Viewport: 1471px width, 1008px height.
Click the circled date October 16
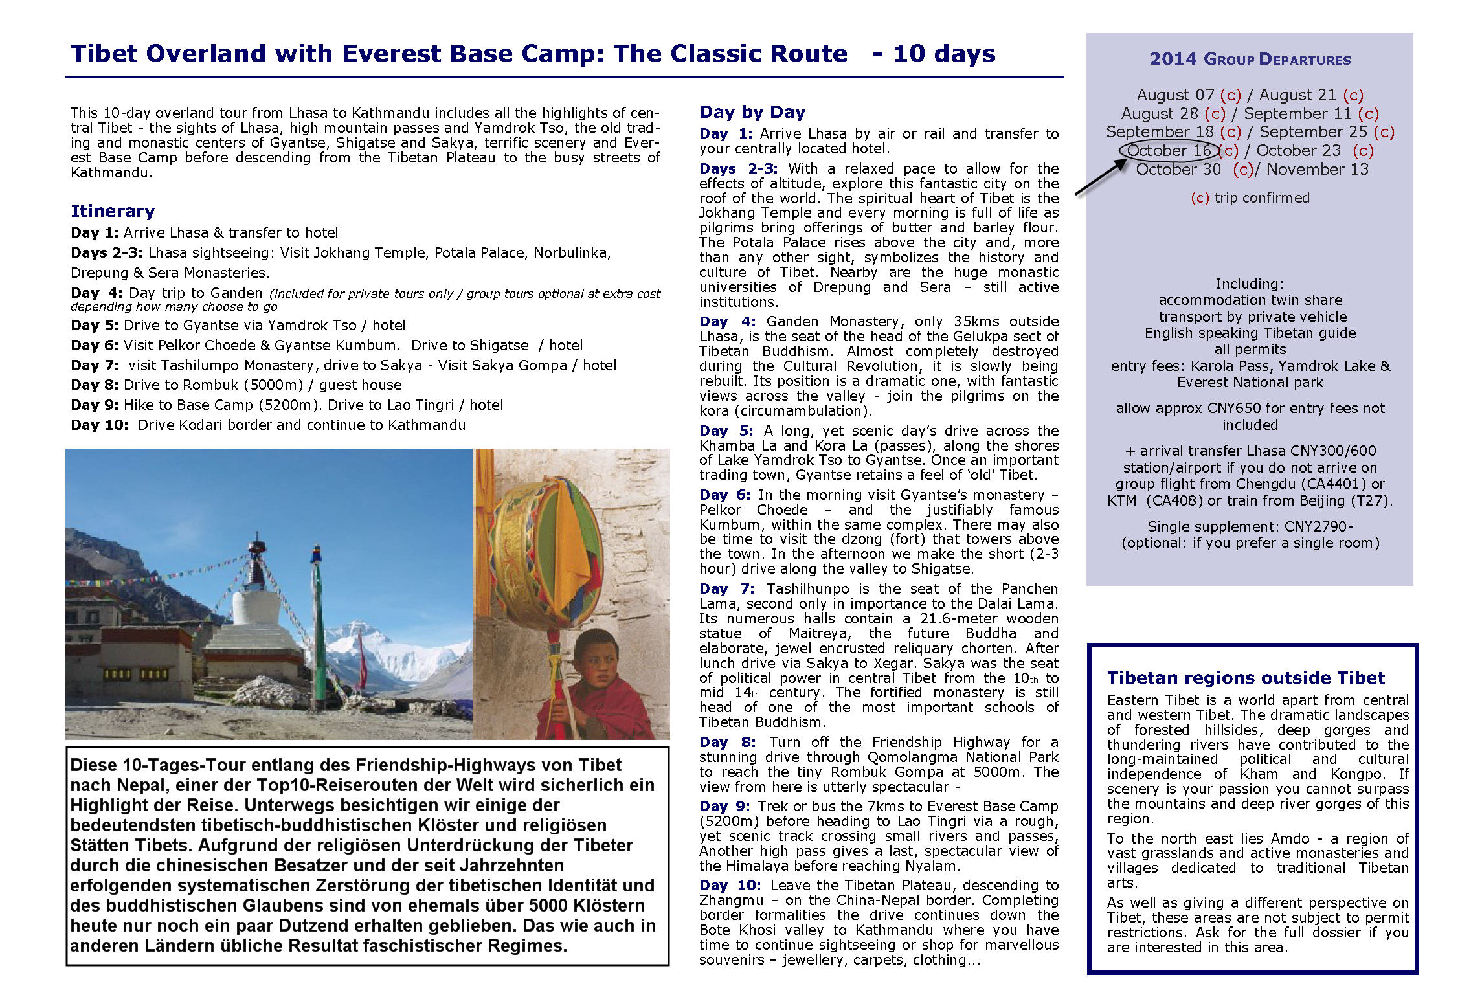pos(1169,151)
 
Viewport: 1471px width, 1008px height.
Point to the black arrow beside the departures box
pos(1101,177)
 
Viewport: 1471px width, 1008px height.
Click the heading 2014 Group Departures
pos(1250,60)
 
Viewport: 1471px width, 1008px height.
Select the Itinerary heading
pos(113,211)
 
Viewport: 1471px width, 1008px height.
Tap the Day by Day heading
pos(752,112)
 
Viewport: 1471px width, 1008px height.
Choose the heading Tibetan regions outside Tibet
pos(1245,678)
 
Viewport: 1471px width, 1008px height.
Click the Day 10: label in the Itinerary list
pos(100,425)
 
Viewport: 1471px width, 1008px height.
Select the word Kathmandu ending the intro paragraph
pos(110,173)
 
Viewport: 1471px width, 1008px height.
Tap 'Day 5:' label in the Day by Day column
pos(726,431)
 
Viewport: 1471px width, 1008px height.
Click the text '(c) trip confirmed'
pos(1250,198)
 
